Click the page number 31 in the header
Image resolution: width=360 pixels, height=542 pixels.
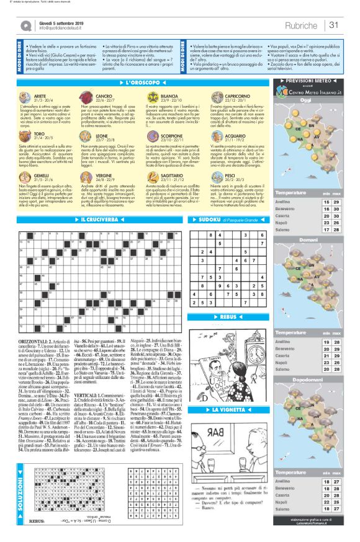click(x=334, y=25)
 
